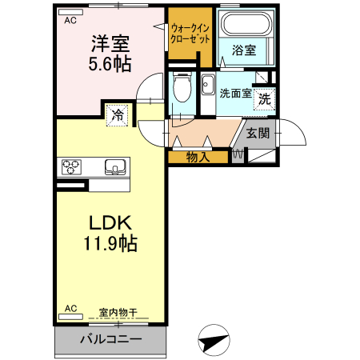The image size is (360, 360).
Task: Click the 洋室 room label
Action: click(x=110, y=42)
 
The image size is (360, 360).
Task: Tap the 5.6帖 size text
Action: click(x=110, y=62)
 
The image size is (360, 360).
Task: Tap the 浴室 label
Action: click(x=244, y=50)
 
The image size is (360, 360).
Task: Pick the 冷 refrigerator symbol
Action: click(x=117, y=114)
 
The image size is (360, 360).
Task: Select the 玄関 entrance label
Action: click(x=258, y=133)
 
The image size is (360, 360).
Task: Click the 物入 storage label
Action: click(x=198, y=157)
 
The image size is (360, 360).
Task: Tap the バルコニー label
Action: click(x=110, y=338)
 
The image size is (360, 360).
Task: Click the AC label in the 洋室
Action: click(x=71, y=22)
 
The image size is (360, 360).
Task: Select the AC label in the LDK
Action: click(x=70, y=308)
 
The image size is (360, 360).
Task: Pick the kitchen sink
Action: click(x=115, y=167)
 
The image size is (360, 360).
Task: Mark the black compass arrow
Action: click(x=213, y=340)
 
